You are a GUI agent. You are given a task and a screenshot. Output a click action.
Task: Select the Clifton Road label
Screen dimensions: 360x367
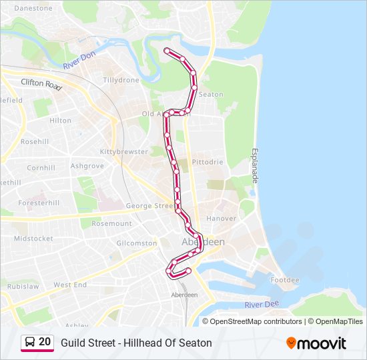[x=41, y=84]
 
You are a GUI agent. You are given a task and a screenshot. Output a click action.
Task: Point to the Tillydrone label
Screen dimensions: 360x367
[x=121, y=80]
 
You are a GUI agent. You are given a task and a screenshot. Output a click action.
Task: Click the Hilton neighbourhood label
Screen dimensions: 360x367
[x=60, y=121]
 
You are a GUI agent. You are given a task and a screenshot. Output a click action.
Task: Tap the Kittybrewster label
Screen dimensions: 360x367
[x=123, y=152]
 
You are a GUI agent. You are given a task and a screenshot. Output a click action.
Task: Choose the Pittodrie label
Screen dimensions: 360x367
[x=208, y=162]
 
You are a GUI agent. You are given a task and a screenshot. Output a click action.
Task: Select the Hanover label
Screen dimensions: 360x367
[x=221, y=218]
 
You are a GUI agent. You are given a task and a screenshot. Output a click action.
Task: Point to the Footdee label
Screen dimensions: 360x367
[x=285, y=280]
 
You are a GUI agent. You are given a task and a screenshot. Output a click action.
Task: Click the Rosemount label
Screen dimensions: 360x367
[x=111, y=224]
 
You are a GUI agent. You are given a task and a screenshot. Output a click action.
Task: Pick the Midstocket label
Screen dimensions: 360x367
[x=33, y=239]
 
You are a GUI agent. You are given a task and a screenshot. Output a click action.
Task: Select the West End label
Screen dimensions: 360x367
[x=70, y=285]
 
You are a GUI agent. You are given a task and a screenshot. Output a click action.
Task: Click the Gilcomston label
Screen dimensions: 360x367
[x=136, y=244]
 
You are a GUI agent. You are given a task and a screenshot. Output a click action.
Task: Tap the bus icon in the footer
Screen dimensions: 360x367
[x=29, y=343]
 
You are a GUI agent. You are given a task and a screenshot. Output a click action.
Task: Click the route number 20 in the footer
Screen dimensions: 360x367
[x=45, y=342]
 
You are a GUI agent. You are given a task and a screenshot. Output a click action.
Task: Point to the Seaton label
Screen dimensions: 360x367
[x=211, y=95]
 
